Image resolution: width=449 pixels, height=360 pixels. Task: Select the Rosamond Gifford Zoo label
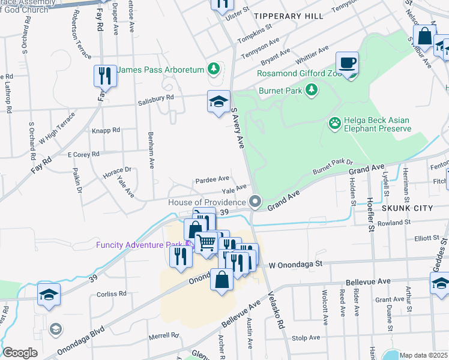point(299,73)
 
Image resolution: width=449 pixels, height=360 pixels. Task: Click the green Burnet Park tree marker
point(311,90)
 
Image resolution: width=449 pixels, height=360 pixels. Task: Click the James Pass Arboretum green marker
point(212,70)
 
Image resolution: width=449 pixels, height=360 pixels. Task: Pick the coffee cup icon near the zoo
point(348,64)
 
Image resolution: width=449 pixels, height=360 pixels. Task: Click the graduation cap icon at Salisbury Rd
point(218,101)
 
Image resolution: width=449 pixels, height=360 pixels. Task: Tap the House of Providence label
point(207,202)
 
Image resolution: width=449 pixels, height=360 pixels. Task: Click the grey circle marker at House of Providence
point(256,202)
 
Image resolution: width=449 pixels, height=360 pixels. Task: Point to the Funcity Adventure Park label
point(139,244)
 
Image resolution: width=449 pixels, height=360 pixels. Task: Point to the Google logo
point(20,353)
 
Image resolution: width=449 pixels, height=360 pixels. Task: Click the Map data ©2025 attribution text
point(424,355)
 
